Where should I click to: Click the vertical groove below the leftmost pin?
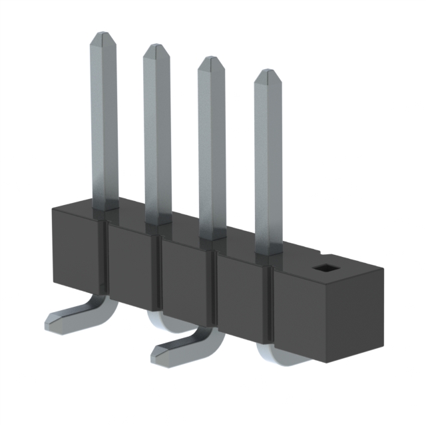(x=104, y=260)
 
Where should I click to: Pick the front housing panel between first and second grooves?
(x=131, y=266)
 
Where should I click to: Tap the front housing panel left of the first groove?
(x=77, y=250)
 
